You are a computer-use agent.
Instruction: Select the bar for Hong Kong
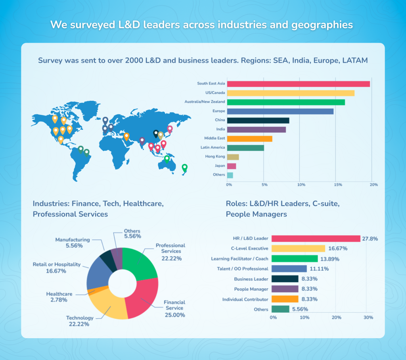pos(233,157)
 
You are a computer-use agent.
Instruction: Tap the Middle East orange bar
pos(249,139)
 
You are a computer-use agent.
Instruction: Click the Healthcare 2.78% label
pos(59,297)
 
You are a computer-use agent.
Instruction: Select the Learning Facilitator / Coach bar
pos(295,258)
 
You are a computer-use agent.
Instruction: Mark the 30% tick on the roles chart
pos(368,318)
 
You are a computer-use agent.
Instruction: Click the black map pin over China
pos(156,133)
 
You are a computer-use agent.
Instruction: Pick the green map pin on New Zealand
pos(184,167)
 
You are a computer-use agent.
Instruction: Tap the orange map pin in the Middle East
pos(126,136)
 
